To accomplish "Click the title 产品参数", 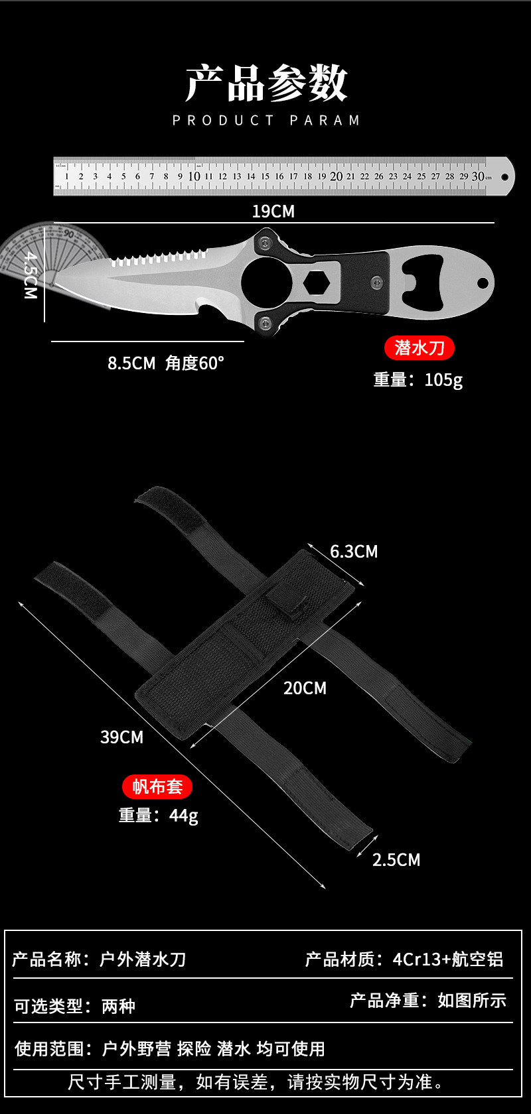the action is [266, 84].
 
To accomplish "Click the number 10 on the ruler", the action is [194, 176].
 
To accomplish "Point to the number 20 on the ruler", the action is [337, 176].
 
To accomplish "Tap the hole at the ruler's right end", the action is [504, 177].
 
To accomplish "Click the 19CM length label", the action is [273, 212].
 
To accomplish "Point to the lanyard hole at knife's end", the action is [483, 283].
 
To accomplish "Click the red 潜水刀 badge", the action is [419, 347].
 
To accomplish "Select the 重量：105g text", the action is [418, 379].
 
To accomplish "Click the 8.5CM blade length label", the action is [131, 363].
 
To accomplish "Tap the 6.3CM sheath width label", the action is [354, 552].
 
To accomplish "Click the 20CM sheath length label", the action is [305, 688].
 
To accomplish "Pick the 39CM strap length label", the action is [121, 737].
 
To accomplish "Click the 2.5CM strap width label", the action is [396, 860].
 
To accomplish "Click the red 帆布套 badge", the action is [157, 786].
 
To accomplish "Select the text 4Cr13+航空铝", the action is [448, 959].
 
